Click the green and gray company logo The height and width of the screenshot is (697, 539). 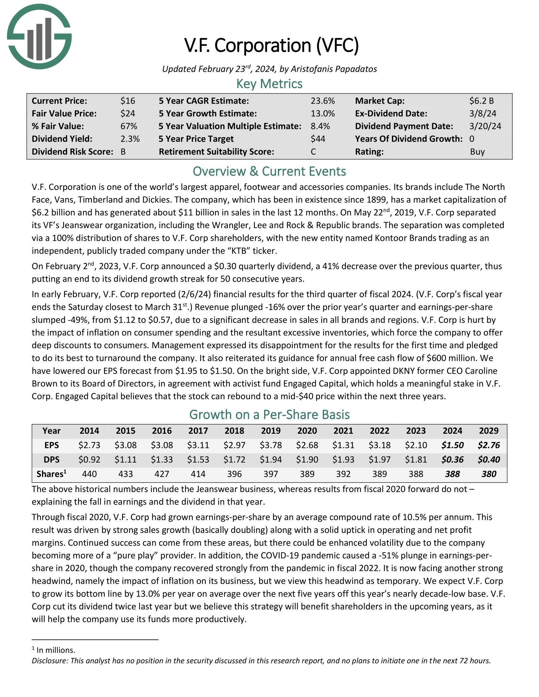(39, 36)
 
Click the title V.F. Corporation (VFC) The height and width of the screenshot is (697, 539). (272, 45)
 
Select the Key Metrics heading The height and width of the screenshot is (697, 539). (269, 84)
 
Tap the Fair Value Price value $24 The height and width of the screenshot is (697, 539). (128, 114)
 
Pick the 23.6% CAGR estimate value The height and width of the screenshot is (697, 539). (322, 101)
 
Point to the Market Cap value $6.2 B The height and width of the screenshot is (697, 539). (481, 101)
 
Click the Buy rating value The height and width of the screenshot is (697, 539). (477, 151)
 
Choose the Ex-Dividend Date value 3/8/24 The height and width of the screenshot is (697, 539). (483, 114)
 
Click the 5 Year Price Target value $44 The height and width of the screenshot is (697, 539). (318, 139)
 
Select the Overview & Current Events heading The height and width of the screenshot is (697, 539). (269, 171)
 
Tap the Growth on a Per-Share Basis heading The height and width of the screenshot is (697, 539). (269, 415)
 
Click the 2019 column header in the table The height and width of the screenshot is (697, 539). (271, 431)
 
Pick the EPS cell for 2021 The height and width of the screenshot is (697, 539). (343, 445)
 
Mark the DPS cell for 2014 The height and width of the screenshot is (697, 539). (89, 460)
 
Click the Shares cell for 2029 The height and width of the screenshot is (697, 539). (489, 474)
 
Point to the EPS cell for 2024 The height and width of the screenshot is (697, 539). (452, 445)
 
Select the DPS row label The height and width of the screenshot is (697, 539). (51, 460)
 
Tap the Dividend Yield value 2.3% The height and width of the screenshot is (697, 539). (130, 139)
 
